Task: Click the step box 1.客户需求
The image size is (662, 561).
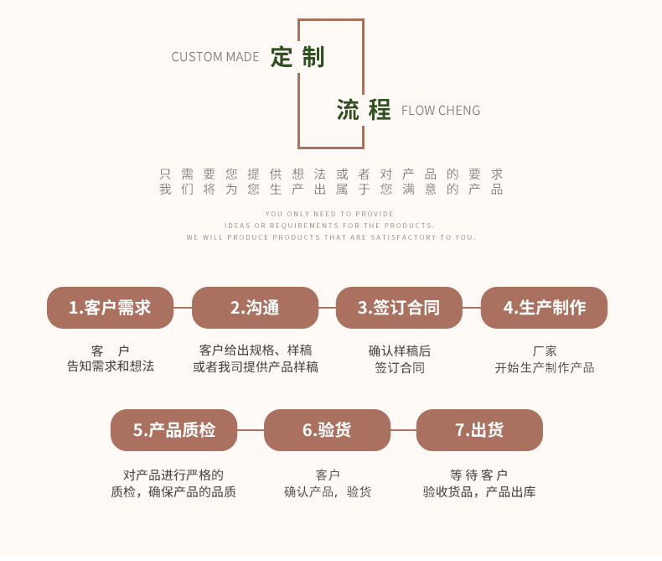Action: (110, 308)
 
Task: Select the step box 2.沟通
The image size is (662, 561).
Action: (255, 308)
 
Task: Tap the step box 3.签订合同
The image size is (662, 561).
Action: (399, 308)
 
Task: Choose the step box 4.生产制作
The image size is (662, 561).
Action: (544, 308)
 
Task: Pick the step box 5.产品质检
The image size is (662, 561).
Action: (173, 430)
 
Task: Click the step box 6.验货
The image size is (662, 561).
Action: (327, 430)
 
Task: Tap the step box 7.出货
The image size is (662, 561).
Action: (479, 430)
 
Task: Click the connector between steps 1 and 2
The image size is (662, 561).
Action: (183, 308)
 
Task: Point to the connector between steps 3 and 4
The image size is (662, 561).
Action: (472, 308)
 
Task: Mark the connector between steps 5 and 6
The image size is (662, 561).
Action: (251, 430)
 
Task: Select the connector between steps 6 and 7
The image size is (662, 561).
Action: (403, 430)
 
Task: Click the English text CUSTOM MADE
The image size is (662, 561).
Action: (215, 57)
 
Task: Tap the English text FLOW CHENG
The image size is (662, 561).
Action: (441, 111)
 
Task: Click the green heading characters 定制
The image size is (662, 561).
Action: (297, 57)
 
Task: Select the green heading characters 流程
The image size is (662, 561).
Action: (364, 110)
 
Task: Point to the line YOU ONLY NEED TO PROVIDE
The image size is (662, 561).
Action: (330, 214)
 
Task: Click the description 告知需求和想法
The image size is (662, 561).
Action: (111, 366)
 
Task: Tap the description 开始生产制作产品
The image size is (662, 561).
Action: (544, 367)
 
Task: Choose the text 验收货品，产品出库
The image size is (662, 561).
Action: (479, 491)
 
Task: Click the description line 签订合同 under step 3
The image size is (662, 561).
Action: (399, 367)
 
